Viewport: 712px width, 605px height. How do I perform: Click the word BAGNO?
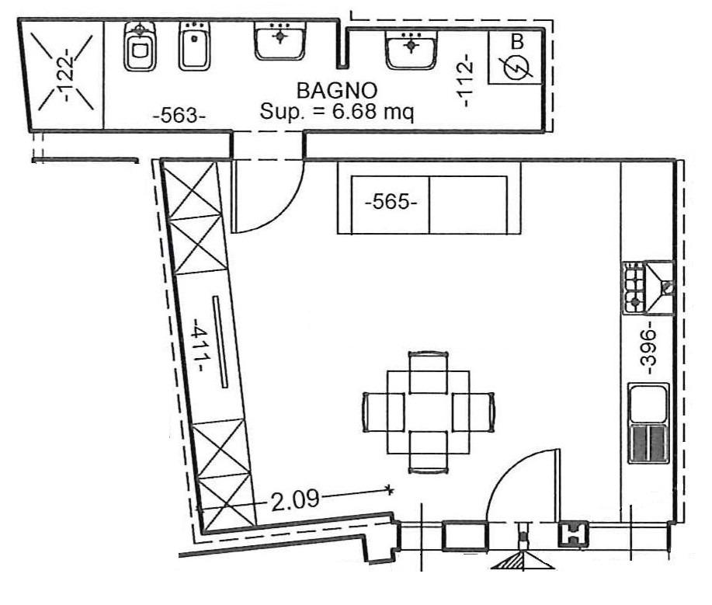coord(337,91)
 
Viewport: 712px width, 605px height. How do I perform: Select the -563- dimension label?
coord(179,116)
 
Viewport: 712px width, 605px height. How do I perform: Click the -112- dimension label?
coord(465,81)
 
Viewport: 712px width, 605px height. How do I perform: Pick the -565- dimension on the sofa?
coord(391,201)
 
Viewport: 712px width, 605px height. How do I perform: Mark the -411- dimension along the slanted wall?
coord(200,345)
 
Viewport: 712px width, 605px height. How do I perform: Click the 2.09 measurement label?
coord(295,500)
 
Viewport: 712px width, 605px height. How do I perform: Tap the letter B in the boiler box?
coord(517,42)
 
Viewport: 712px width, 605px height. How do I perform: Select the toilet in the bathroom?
coord(139,47)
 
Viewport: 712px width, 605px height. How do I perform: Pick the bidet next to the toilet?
coord(194,47)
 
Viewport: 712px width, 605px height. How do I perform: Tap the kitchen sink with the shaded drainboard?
coord(648,423)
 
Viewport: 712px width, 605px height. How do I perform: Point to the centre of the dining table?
coord(428,412)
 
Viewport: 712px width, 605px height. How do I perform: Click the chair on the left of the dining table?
coord(384,412)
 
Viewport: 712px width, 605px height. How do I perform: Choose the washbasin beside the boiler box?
coord(412,49)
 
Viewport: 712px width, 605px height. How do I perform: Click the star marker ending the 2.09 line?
coord(389,489)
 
